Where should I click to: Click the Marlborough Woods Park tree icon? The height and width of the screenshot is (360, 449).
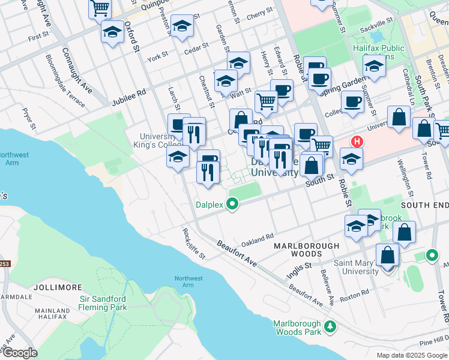pyautogui.click(x=330, y=326)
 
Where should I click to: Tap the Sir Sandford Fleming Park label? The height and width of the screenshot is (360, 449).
pyautogui.click(x=103, y=303)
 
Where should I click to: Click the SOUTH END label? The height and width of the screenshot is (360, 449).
pyautogui.click(x=424, y=205)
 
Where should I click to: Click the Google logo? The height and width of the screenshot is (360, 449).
pyautogui.click(x=19, y=353)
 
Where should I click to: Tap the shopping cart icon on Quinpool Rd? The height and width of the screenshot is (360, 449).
pyautogui.click(x=100, y=9)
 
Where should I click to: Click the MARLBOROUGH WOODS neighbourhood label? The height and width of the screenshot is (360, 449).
pyautogui.click(x=306, y=250)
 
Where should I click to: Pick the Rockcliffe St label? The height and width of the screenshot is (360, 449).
pyautogui.click(x=194, y=242)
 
